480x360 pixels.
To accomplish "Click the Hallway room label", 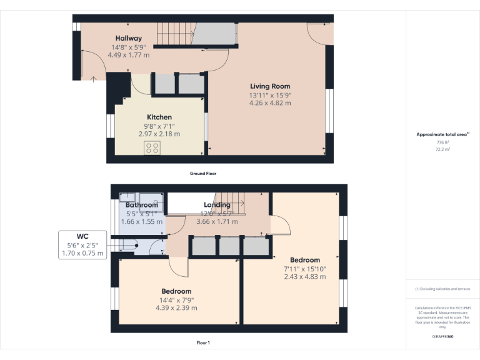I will pos(128,39).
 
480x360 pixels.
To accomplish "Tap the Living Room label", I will pos(270,86).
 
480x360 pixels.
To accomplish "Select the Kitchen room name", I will pos(159,117).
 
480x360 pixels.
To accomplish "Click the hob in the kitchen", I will pos(152,147).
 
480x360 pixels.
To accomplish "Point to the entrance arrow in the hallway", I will pos(94,78).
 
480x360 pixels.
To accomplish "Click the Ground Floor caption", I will pos(203,173).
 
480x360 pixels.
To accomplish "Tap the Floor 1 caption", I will pos(203,342).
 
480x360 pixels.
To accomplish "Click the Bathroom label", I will pos(142,205).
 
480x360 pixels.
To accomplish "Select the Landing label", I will pos(217,205).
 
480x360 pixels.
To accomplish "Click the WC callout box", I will pos(82,245).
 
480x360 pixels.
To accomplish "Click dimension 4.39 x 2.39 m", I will pos(176,307).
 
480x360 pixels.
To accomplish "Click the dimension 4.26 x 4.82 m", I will pos(270,103).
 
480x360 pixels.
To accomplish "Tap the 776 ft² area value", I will pos(442,142).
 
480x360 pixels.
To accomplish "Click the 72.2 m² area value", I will pos(442,150).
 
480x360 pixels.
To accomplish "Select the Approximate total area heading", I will pos(442,134).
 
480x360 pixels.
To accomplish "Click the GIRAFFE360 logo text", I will pos(442,337).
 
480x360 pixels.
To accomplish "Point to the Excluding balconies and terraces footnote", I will pos(442,289).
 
